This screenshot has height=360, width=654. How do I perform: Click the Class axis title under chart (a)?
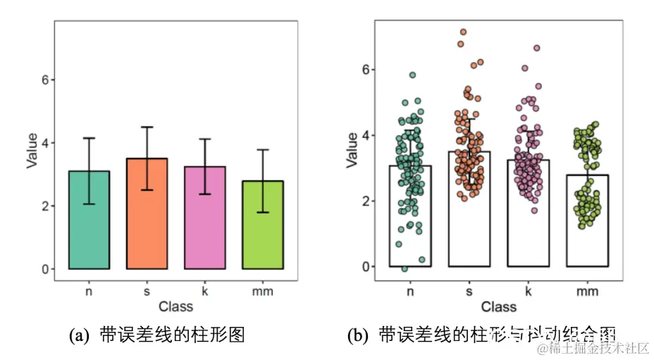point(175,306)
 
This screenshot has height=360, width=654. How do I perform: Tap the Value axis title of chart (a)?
point(32,150)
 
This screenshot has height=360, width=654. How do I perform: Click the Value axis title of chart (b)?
point(353,150)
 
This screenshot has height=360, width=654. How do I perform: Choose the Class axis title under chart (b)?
point(498,306)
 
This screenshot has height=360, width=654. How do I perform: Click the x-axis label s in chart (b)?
point(469,290)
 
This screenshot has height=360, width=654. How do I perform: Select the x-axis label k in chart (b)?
point(528,290)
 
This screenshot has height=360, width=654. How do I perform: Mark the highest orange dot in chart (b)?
point(463,32)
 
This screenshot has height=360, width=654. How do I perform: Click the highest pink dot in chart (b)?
point(536,48)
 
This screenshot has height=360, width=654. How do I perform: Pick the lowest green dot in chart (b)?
point(404,268)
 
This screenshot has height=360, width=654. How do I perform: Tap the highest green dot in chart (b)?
point(412,75)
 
